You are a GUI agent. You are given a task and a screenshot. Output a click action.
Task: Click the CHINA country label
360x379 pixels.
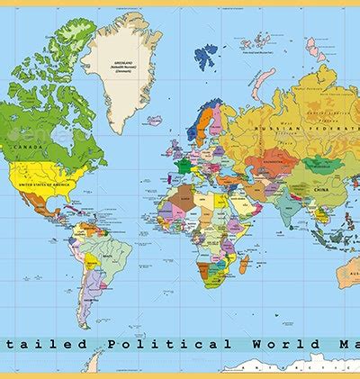(x=319, y=190)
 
